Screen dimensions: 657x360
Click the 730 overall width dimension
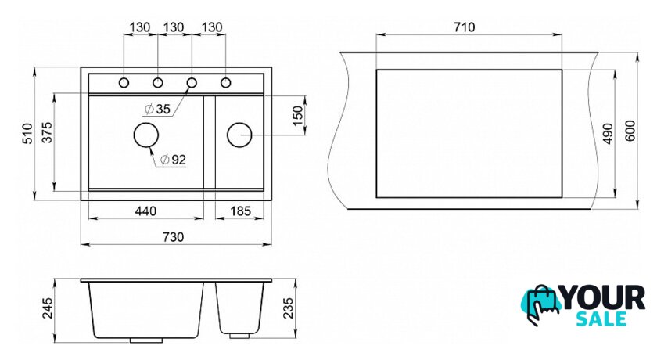(x=173, y=237)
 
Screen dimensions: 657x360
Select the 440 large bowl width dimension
(x=145, y=211)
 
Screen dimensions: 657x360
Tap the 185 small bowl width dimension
(x=240, y=211)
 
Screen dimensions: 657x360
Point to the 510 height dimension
(x=27, y=133)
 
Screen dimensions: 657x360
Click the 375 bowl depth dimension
(x=47, y=132)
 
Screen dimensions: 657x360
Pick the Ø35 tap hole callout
(x=157, y=110)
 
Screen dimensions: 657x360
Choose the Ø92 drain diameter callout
(x=173, y=160)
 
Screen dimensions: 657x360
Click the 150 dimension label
(x=297, y=116)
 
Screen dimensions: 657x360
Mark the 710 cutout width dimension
(x=465, y=27)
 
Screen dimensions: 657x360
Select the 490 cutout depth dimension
(x=608, y=133)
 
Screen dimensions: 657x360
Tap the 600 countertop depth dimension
(x=630, y=131)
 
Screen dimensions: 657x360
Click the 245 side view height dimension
(x=48, y=308)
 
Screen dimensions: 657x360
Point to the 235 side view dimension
(x=289, y=308)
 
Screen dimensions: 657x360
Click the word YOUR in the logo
(x=602, y=297)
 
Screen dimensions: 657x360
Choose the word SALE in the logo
(x=601, y=319)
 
